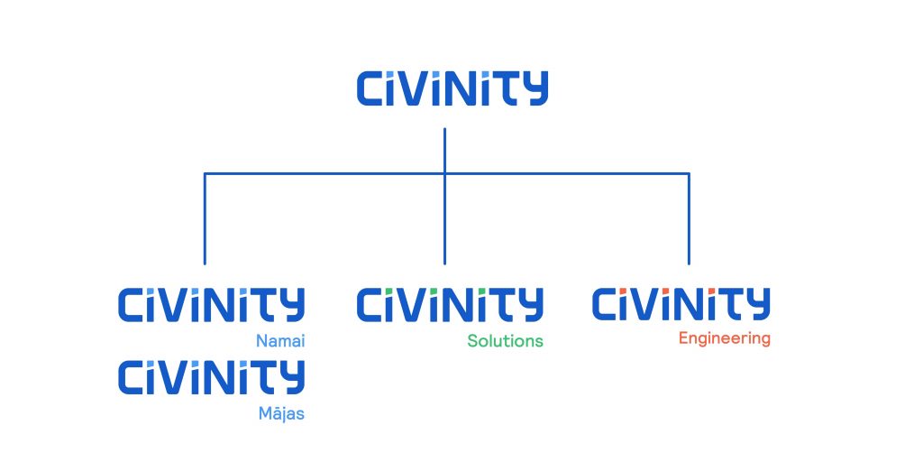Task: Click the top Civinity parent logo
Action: (452, 88)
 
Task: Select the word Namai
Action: (280, 340)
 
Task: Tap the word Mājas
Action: (282, 413)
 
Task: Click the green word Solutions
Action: (505, 340)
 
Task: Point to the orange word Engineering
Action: (724, 339)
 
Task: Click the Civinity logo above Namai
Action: (211, 305)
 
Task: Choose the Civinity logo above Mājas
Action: (211, 376)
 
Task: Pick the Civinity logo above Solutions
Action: (450, 305)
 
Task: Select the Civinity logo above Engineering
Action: (681, 304)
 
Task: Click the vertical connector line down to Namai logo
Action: (205, 218)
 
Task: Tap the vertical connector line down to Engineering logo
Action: (689, 218)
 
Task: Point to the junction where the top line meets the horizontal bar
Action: (444, 174)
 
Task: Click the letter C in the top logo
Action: (370, 88)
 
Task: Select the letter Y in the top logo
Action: (535, 88)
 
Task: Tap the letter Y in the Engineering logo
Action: (757, 304)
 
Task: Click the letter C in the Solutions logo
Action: (370, 305)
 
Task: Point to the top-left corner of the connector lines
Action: (205, 174)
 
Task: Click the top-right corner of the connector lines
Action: (689, 174)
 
